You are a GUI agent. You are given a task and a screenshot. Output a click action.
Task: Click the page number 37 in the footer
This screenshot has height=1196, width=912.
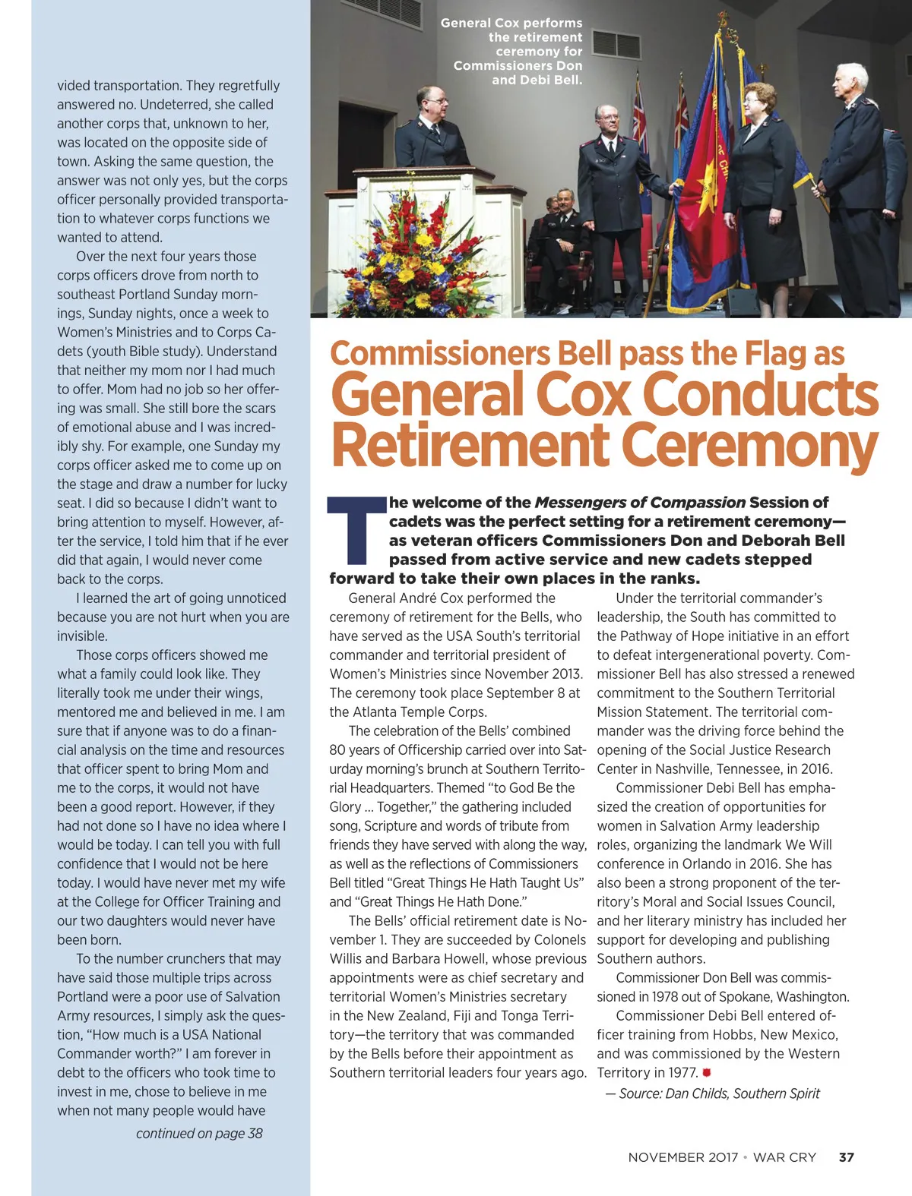pos(846,1157)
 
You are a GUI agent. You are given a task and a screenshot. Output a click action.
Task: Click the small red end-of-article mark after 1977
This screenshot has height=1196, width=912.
pos(706,1072)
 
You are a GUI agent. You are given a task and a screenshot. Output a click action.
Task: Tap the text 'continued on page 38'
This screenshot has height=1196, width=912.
pos(199,1133)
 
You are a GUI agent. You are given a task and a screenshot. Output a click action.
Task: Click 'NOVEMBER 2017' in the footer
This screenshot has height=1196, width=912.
pos(682,1157)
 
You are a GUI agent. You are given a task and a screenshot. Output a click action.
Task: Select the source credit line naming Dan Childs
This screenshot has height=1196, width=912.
pos(713,1093)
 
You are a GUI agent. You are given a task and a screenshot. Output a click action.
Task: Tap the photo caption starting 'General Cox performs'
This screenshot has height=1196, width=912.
pos(517,51)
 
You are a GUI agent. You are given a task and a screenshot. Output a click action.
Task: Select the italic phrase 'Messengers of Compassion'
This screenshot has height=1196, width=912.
pos(640,502)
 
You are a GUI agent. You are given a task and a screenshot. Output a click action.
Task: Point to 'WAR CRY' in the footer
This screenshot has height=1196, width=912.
pos(784,1157)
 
